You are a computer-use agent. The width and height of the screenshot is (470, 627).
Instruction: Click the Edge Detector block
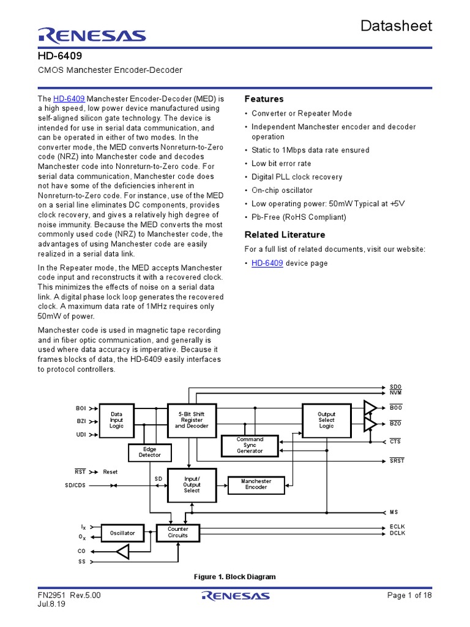(149, 452)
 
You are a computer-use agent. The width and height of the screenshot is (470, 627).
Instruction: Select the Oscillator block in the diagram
(122, 533)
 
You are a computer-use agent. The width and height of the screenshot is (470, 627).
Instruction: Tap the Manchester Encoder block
(256, 484)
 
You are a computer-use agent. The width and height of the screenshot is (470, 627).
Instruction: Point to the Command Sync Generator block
(250, 445)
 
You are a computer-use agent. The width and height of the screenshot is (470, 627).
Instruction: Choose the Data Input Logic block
(116, 420)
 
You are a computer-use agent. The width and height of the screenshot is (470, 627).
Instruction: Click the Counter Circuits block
(178, 532)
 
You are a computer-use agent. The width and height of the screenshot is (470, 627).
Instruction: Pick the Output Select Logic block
(326, 420)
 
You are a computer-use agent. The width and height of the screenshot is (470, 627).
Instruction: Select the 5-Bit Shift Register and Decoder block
(192, 420)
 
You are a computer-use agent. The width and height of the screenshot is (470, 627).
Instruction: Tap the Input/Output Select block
(192, 484)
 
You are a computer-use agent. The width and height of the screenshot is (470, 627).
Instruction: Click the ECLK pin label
(397, 527)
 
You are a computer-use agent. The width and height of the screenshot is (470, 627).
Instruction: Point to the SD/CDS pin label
(76, 486)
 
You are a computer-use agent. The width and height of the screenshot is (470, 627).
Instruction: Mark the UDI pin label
(81, 435)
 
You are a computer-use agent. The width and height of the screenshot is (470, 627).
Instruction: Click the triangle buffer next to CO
(123, 552)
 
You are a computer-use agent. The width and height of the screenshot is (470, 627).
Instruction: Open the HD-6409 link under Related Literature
(267, 263)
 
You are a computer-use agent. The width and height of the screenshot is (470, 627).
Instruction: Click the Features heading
(264, 99)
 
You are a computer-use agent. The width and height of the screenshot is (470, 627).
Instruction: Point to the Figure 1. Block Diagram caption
(234, 577)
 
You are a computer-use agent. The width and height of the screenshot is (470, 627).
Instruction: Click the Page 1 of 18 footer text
(410, 595)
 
